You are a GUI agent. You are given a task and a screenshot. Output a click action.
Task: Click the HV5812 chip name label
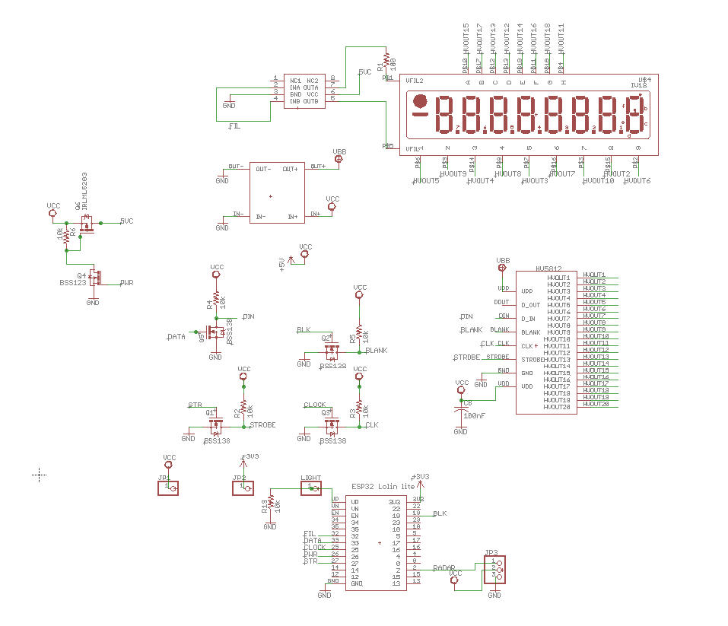tap(548, 269)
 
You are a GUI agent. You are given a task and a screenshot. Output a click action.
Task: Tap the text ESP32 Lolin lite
tap(383, 486)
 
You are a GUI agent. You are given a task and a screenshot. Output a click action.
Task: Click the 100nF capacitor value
tap(474, 416)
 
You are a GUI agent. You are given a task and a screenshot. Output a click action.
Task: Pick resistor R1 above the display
tap(386, 60)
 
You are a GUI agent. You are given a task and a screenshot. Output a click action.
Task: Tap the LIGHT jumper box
tap(312, 487)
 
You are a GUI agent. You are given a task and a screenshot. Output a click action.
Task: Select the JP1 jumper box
tap(168, 487)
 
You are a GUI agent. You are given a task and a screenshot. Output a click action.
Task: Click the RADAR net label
tap(444, 567)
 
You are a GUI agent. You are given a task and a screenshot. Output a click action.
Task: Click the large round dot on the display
tap(418, 103)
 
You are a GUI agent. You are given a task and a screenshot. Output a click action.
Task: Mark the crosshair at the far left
tap(40, 475)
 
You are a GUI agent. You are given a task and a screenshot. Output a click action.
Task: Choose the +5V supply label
tap(282, 264)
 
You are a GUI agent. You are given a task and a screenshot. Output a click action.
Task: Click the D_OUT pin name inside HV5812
tap(529, 305)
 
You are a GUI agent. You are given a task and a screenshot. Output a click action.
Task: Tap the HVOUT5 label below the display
tap(426, 181)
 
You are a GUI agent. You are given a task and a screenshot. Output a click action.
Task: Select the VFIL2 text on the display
tap(415, 80)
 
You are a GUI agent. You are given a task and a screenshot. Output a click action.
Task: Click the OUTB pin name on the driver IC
tap(310, 101)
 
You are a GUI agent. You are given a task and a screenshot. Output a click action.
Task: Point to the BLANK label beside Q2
tap(377, 351)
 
